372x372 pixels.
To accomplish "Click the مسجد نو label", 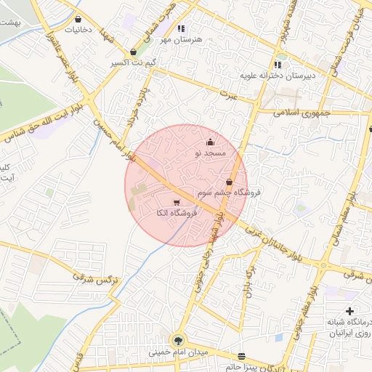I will coord(211,154).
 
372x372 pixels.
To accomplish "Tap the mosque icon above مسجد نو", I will coord(211,142).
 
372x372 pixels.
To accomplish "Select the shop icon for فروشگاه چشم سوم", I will coord(230,182).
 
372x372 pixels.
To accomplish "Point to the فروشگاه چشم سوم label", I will coord(238,193).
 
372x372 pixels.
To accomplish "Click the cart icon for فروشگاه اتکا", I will coord(177,202).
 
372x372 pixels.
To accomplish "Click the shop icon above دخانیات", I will coord(78,20).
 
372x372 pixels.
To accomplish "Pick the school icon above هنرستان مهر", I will coord(182,28).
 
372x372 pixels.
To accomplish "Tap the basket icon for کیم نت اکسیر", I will coord(134,52).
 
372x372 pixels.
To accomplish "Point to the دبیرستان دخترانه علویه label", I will coord(278,75).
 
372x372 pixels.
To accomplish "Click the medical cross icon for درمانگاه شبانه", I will coord(350,311).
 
